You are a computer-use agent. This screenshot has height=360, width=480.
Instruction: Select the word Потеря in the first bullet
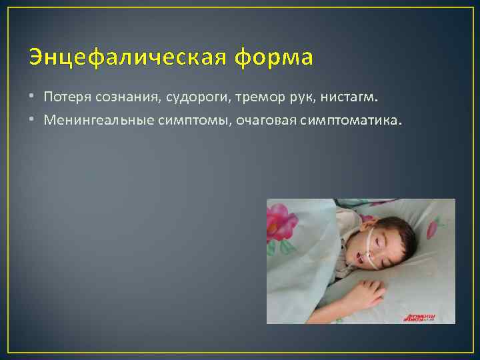[66, 97]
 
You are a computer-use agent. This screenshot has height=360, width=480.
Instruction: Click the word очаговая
[255, 121]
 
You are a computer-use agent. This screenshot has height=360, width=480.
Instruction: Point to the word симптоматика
[353, 121]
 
